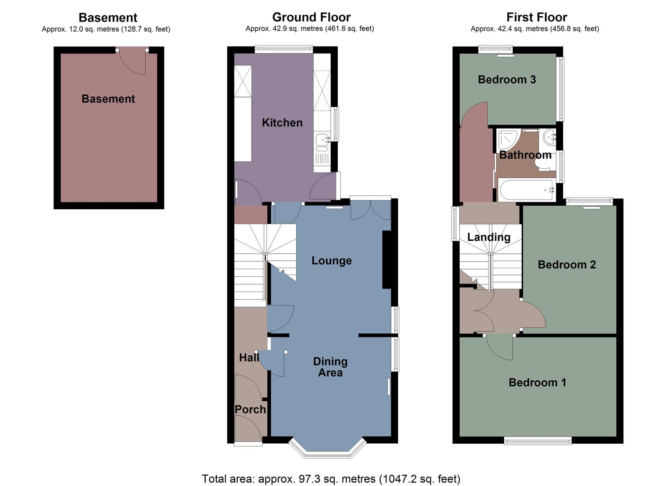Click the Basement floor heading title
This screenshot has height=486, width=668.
coord(108,18)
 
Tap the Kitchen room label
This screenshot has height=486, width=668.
coord(282,122)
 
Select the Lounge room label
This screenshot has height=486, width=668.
coord(332,261)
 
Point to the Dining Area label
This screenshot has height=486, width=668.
coord(331,367)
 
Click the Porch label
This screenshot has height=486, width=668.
coord(250,409)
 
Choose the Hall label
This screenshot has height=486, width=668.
coord(249,357)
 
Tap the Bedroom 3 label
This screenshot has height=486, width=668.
coord(507,80)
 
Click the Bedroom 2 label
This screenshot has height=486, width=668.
coord(567,265)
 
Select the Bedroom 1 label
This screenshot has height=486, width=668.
coord(537,382)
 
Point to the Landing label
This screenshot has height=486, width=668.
coord(489,237)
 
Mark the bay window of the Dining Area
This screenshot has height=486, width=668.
coord(327,452)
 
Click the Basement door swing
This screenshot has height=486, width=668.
coord(133,63)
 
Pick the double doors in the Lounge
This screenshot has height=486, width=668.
coord(371,210)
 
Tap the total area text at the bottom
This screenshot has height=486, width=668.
coord(331,478)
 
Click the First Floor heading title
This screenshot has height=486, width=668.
coord(536,17)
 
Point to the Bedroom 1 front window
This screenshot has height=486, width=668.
coord(538,441)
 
